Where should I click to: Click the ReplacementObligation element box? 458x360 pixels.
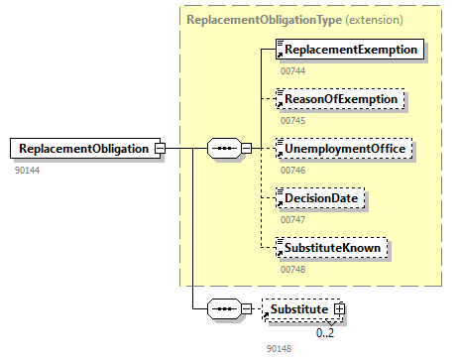(80, 149)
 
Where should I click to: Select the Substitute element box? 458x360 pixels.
(300, 310)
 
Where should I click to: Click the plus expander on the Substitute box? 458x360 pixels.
(340, 310)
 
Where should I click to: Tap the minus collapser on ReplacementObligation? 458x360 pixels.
(159, 149)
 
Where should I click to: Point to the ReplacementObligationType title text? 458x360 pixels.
(244, 19)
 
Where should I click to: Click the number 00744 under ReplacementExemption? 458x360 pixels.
(293, 69)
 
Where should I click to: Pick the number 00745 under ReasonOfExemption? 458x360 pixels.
(293, 120)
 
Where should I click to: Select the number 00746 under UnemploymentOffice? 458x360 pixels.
(293, 170)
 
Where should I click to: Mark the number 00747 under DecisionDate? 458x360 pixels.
(293, 219)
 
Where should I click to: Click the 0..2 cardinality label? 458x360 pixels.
(325, 332)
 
